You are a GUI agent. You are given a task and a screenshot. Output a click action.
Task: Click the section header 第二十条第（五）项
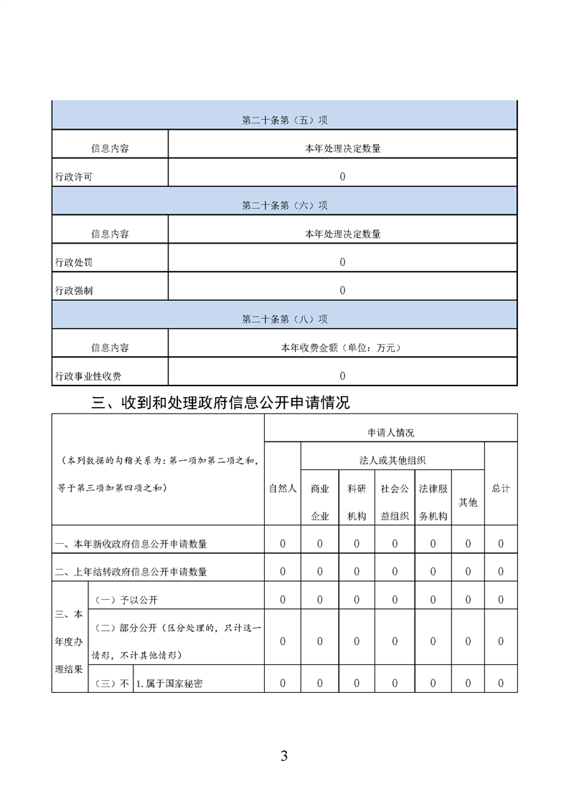tap(284, 120)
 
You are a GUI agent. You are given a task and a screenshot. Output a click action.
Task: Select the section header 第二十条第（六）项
tap(284, 206)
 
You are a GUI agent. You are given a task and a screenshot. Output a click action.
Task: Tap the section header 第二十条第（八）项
tap(284, 320)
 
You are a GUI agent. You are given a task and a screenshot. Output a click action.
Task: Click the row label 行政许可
tap(74, 177)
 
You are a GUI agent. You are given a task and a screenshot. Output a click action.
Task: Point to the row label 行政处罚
tap(74, 263)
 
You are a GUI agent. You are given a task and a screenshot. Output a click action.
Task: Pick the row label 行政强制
tap(74, 291)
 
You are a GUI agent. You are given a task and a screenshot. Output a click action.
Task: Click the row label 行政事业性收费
tap(88, 376)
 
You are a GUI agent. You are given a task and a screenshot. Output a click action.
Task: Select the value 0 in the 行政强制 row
tap(342, 291)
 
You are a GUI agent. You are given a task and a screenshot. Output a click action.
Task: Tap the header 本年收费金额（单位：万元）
tap(342, 348)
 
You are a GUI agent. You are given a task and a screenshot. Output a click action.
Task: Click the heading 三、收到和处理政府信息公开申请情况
tap(221, 403)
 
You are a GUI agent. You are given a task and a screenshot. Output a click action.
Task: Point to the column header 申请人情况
tap(390, 433)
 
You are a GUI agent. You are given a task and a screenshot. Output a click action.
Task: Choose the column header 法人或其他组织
tap(392, 460)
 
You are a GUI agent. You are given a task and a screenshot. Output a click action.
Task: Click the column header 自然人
tap(283, 489)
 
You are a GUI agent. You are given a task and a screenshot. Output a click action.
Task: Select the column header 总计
tap(501, 489)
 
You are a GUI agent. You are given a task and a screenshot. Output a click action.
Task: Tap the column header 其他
tap(468, 502)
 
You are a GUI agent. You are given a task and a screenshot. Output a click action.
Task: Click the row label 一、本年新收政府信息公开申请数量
tap(131, 545)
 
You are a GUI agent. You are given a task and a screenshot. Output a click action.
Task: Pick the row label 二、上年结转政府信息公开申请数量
tap(131, 572)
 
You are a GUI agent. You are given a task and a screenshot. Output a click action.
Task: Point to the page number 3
tap(284, 756)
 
